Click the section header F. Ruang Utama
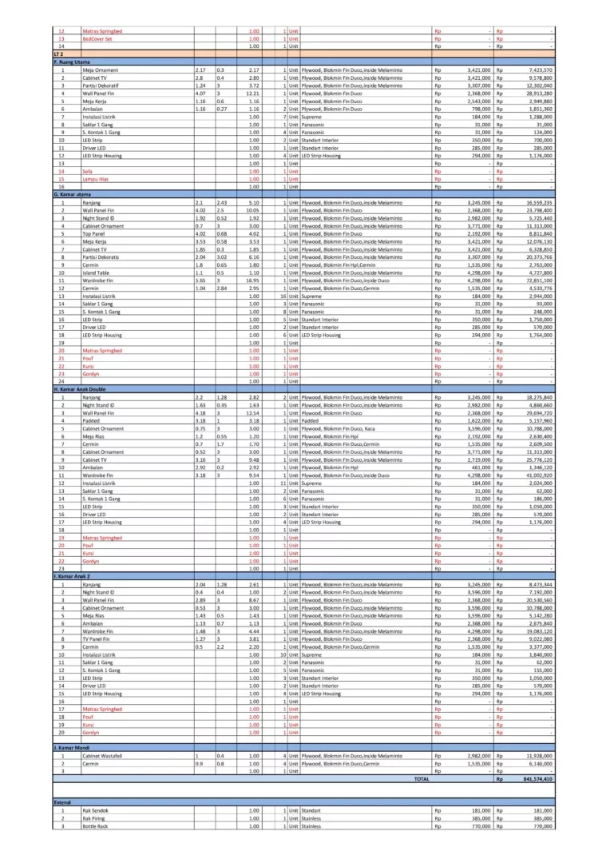click(72, 62)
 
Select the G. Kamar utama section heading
click(73, 194)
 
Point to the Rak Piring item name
click(93, 818)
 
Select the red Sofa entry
click(88, 171)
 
